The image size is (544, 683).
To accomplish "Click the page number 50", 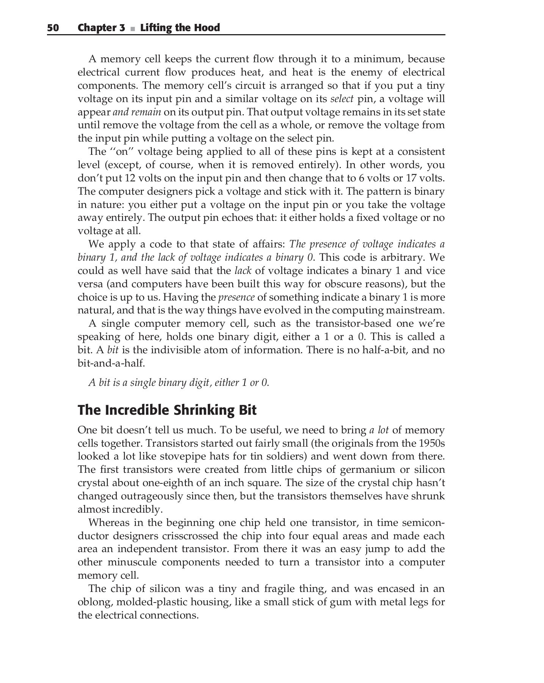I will [x=53, y=28].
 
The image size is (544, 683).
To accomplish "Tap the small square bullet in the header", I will [x=132, y=28].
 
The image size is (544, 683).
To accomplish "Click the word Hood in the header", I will [x=206, y=28].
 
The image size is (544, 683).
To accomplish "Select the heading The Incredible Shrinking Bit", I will [x=167, y=410].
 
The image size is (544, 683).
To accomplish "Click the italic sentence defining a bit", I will [x=179, y=382].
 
